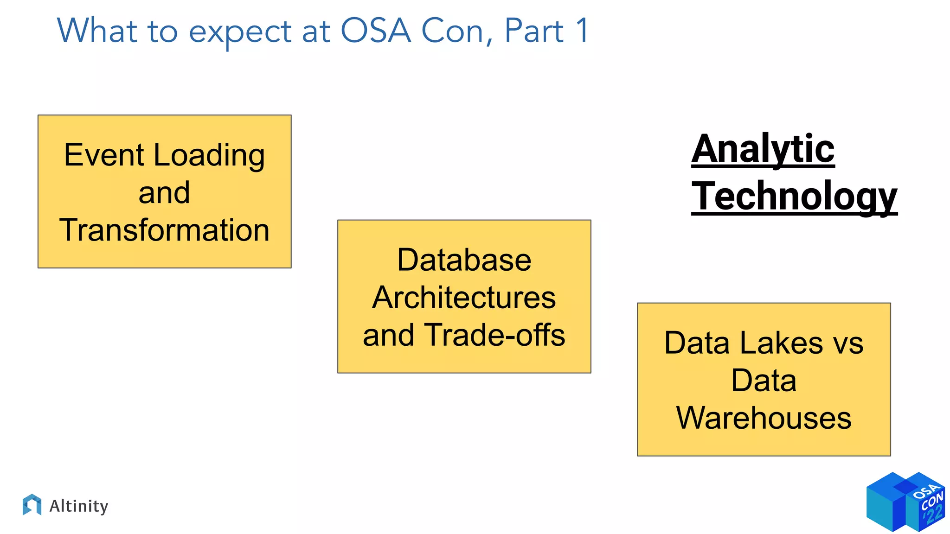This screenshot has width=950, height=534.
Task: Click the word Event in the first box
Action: (x=104, y=155)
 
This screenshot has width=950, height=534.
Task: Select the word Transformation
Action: (x=164, y=230)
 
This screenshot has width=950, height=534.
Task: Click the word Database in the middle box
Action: (x=464, y=260)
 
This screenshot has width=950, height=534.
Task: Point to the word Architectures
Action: (x=464, y=298)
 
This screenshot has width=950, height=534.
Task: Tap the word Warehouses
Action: (x=764, y=418)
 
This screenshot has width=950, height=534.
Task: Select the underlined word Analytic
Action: (x=763, y=149)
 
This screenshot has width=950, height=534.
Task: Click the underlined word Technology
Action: (x=794, y=197)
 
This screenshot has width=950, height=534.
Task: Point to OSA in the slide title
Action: (x=376, y=31)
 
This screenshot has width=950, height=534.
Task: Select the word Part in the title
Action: (x=534, y=31)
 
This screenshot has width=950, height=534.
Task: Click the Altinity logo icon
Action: (x=32, y=505)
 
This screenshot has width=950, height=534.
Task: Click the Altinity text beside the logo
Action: (x=79, y=506)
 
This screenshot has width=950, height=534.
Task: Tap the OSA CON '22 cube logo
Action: (x=905, y=502)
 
